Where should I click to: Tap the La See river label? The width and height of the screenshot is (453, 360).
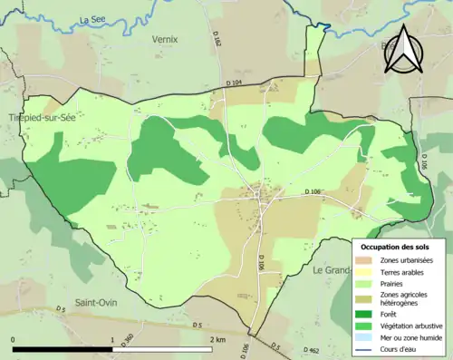(x=92, y=19)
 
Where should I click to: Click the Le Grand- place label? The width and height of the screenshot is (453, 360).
(x=332, y=270)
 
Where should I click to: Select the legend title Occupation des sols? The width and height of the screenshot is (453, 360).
(x=400, y=247)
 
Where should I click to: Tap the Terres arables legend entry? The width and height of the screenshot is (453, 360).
(x=402, y=271)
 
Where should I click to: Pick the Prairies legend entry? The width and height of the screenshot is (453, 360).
(x=393, y=282)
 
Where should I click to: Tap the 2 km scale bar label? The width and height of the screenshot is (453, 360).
(x=217, y=339)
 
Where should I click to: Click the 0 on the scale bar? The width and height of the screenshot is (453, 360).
(x=14, y=339)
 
